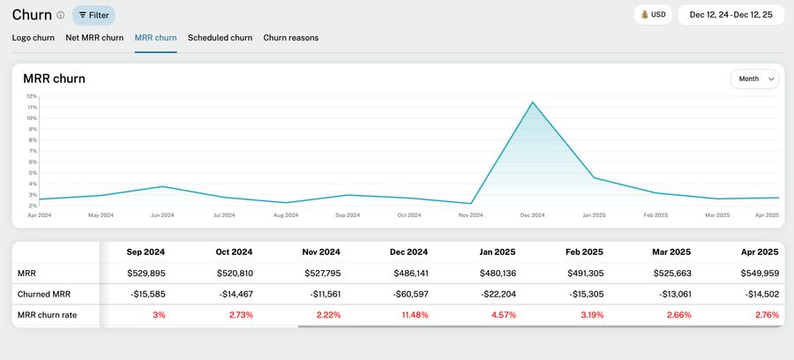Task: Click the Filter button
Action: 94,15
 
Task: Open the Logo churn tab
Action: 34,38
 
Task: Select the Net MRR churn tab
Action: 94,38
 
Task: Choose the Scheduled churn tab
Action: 220,38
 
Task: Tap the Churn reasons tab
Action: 290,38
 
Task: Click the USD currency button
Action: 652,15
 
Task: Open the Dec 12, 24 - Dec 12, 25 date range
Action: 730,15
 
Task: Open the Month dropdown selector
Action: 754,79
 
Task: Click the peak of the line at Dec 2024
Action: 532,102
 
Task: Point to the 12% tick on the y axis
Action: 32,96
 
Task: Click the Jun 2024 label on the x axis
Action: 162,215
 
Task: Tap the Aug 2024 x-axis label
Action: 286,215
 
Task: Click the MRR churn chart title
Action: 55,79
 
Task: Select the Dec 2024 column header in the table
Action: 408,251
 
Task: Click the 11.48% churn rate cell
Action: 412,315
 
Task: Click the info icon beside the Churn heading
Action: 60,15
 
